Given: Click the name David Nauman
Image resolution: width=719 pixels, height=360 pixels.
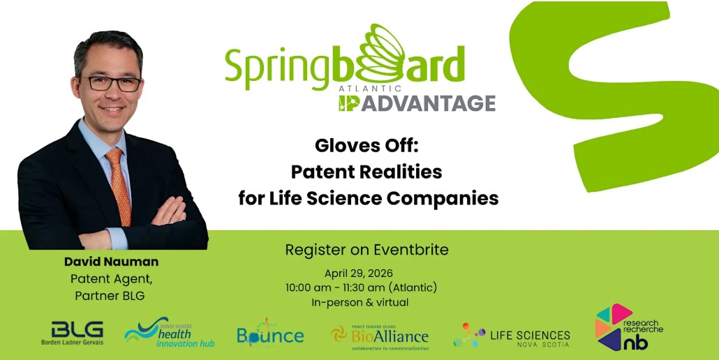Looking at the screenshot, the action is pos(112,262).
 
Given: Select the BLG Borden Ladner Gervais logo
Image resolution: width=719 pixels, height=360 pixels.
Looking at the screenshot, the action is pos(72,333).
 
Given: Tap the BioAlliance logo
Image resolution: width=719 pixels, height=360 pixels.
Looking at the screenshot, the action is pos(380,337).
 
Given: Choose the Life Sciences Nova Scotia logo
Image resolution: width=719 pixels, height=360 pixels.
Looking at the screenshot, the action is pos(512,336).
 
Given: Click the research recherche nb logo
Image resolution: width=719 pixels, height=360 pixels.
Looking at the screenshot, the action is pos(629,327).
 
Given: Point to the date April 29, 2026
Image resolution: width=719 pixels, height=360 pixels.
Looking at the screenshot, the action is pos(359,273).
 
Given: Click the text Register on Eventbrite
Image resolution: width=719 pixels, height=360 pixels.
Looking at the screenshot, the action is pos(367,250).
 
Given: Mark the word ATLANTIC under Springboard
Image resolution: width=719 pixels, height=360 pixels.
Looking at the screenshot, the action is pos(369,89).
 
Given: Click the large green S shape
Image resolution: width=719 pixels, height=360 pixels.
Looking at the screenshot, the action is pos(610,91).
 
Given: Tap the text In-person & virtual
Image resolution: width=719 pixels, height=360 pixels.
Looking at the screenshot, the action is pos(360,302).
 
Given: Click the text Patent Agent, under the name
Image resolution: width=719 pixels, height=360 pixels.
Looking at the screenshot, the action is pos(112,279).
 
